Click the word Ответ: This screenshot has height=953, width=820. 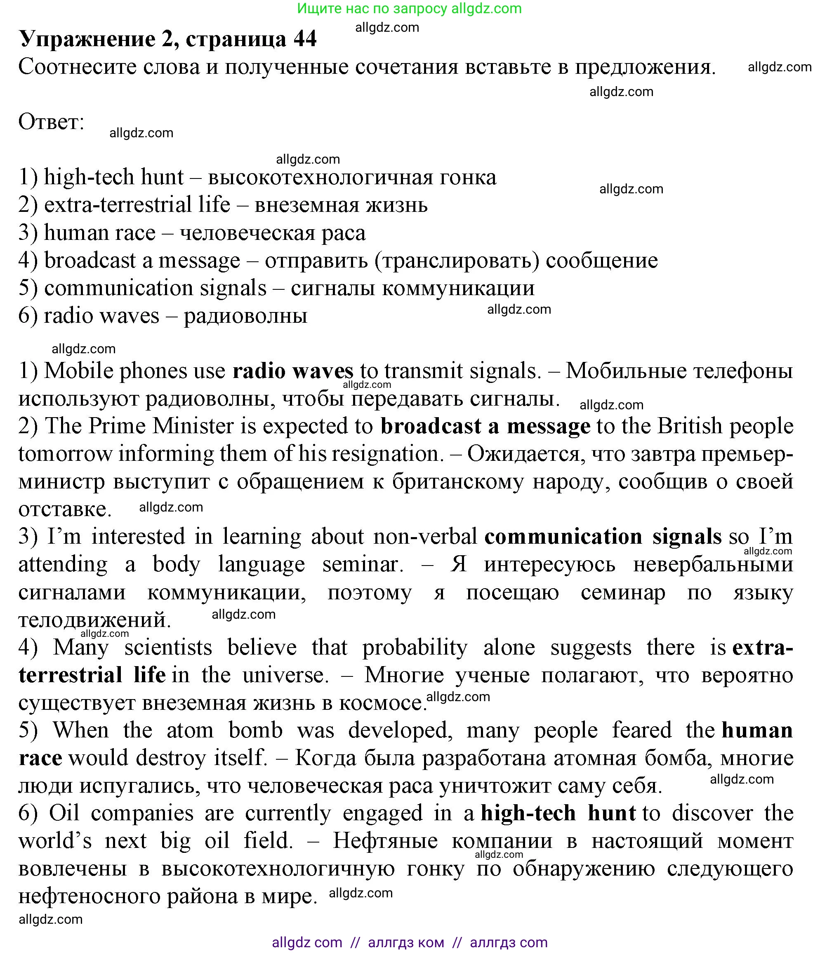click(51, 122)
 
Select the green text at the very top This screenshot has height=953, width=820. click(409, 8)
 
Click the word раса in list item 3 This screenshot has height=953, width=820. click(343, 233)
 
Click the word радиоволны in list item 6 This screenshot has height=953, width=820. click(245, 317)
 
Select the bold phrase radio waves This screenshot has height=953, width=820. click(293, 371)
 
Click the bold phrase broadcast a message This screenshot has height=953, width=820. click(485, 426)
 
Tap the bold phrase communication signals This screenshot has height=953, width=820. click(603, 537)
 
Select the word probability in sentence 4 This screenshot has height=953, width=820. click(415, 648)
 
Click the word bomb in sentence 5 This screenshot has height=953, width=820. click(255, 731)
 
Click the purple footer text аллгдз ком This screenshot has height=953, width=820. click(406, 942)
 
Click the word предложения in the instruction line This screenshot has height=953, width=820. click(645, 68)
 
